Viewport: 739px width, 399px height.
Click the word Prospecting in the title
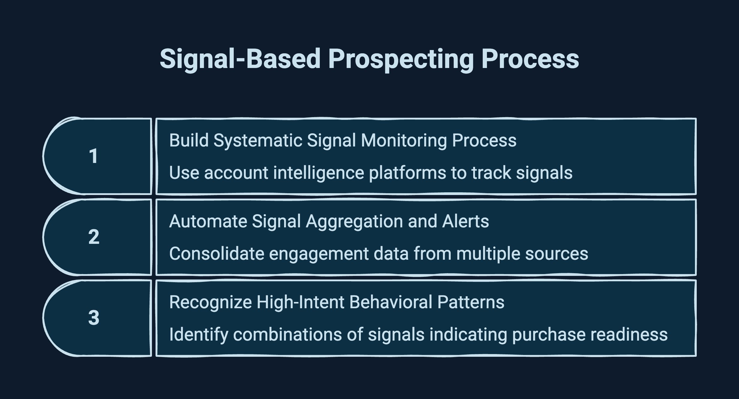(401, 59)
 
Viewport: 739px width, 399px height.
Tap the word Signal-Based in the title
(240, 59)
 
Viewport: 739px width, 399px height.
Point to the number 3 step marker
(94, 318)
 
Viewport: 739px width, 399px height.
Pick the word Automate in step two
(208, 221)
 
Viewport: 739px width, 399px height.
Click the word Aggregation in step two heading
(354, 222)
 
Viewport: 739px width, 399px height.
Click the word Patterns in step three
(470, 302)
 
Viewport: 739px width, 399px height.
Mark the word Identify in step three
(198, 335)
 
